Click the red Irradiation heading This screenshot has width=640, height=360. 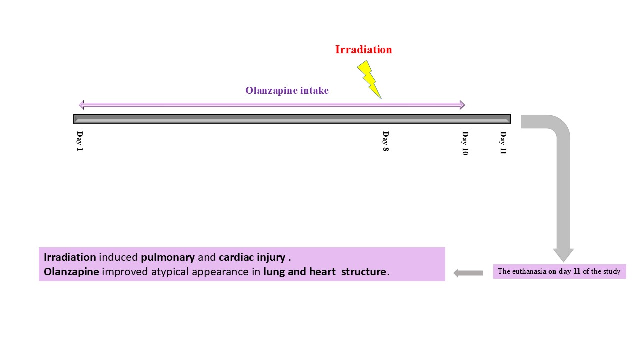363,49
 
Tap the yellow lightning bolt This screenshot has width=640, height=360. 369,79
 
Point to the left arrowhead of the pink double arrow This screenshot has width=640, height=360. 81,105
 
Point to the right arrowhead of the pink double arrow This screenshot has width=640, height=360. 462,105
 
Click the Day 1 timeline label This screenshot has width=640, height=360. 79,141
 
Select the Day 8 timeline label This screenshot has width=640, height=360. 385,141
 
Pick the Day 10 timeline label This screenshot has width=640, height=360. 465,143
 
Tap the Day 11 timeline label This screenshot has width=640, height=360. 503,143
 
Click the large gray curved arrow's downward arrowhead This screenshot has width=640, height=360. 563,255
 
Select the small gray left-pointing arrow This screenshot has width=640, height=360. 468,273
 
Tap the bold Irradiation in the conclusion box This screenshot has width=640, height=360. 70,257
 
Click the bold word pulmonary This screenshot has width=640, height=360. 168,258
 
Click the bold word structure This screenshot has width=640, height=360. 364,271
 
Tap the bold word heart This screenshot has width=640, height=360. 322,271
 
